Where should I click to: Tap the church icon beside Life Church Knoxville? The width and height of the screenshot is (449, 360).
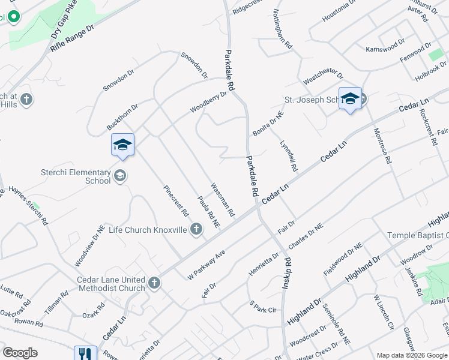tap(196, 229)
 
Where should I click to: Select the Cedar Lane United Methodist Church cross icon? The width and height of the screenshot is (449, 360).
tap(154, 283)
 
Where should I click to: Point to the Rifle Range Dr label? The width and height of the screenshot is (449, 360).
tap(73, 38)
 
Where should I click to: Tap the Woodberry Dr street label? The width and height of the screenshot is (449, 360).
tap(208, 102)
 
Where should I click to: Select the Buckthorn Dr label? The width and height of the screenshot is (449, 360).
tap(122, 115)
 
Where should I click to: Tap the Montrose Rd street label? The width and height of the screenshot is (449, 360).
tap(382, 147)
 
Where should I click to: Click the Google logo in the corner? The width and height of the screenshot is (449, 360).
tap(20, 353)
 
